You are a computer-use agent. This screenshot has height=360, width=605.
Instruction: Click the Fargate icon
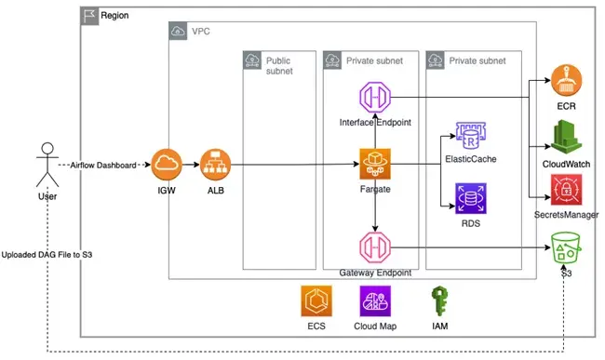pos(374,166)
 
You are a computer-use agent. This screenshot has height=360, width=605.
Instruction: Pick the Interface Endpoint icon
pos(374,99)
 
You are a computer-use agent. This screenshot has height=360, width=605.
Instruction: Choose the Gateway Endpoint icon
pos(374,249)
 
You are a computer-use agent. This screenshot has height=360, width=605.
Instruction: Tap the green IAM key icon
pos(439,303)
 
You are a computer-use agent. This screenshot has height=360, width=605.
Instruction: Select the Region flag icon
pos(90,16)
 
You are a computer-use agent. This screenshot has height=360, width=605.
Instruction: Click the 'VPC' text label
pos(201,31)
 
